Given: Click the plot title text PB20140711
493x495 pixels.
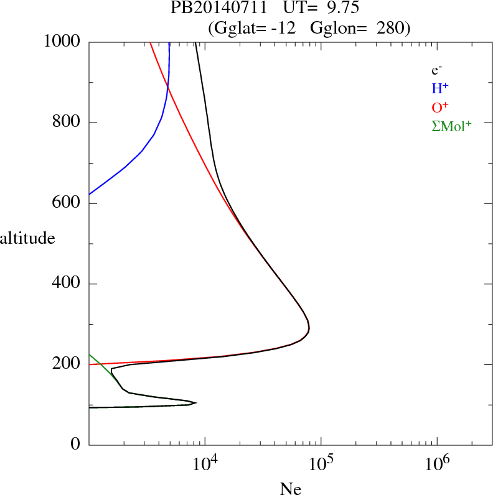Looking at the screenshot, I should point(220,9).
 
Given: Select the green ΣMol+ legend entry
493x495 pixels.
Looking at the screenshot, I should point(451,126).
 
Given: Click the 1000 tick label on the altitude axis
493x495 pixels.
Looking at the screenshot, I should point(62,42).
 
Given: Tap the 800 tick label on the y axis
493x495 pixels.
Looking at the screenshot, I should point(67,123).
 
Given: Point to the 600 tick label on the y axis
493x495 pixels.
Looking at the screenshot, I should point(67,203).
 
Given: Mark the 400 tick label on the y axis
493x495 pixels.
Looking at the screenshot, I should point(67,284).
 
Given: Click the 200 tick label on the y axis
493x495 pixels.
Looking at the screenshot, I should point(67,364).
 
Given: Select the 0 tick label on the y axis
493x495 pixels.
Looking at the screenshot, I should point(77,445).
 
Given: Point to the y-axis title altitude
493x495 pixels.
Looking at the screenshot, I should point(27,238).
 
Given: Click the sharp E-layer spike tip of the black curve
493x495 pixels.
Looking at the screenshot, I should point(196,403).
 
